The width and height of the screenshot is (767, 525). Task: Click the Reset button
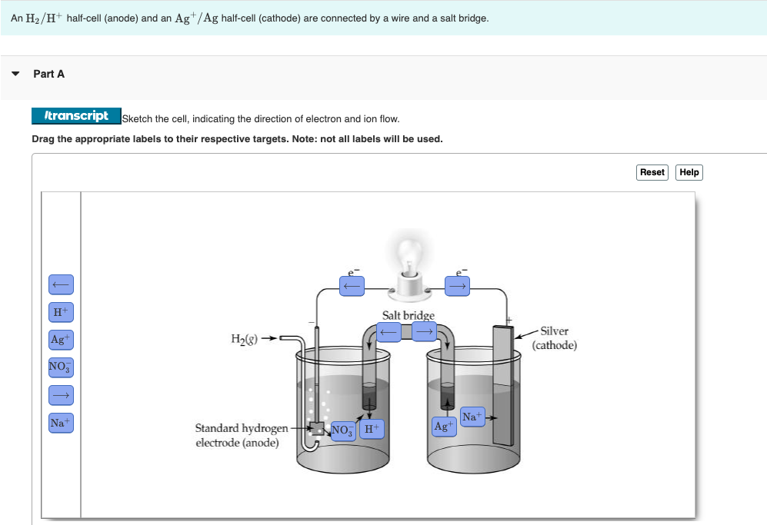pos(652,172)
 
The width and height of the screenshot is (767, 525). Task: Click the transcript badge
pos(76,116)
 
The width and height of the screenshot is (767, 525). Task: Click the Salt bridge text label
pos(408,315)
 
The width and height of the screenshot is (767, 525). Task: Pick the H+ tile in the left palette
pos(61,312)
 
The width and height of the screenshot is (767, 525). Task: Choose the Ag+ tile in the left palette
pos(61,339)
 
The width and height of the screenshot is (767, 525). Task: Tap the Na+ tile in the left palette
pos(61,423)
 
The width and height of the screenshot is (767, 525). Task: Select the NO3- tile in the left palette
pos(61,367)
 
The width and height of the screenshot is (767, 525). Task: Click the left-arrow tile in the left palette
pos(61,284)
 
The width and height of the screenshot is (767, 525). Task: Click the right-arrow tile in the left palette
pos(61,395)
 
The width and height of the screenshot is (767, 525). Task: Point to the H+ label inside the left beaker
pos(370,430)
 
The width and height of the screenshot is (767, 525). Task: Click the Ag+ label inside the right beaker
pos(443,426)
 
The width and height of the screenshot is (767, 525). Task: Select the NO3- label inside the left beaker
pos(342,430)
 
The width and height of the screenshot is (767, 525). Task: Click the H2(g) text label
pos(245,338)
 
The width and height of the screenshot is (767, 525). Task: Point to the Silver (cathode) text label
pos(554,338)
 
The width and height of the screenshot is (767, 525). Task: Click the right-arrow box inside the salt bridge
pos(424,332)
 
